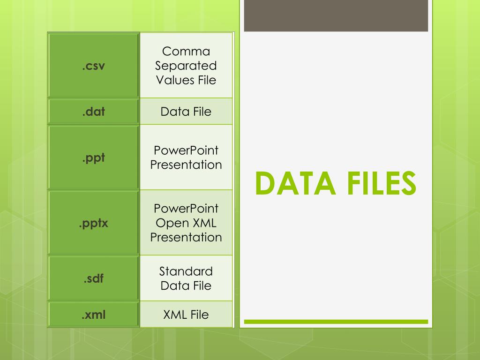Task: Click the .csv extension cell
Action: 93,65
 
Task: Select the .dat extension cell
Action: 93,112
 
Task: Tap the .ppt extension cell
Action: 93,157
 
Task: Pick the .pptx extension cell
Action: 93,223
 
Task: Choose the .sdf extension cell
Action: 93,278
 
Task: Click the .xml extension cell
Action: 93,315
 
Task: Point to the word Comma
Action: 186,51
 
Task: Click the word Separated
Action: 186,66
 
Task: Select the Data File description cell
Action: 186,112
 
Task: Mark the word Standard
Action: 186,271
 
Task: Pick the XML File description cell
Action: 186,315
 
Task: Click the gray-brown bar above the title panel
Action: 336,15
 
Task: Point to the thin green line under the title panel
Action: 336,322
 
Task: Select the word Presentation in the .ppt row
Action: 186,165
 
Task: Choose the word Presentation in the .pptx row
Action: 186,237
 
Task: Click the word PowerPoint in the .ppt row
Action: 186,150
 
